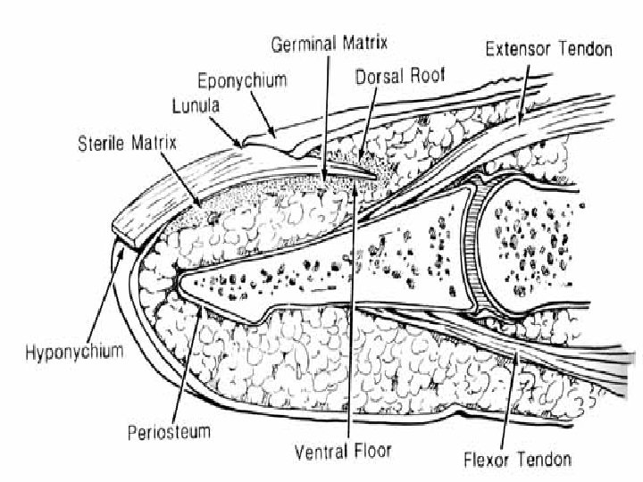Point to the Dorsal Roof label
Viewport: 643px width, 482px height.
pyautogui.click(x=394, y=76)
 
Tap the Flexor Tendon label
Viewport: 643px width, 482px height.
pyautogui.click(x=518, y=461)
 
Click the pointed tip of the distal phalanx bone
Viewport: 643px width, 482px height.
pyautogui.click(x=181, y=283)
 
